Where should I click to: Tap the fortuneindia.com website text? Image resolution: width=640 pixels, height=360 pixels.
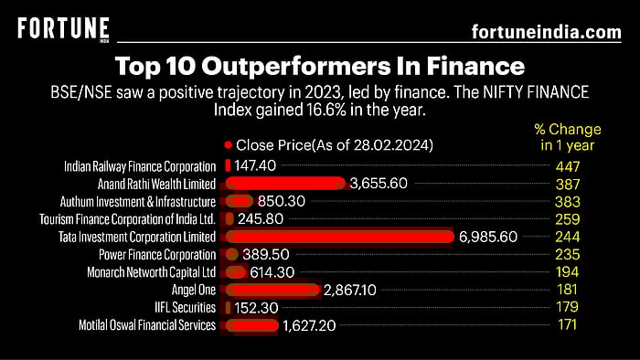[x=546, y=32]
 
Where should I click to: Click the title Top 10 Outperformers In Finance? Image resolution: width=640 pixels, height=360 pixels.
[x=320, y=67]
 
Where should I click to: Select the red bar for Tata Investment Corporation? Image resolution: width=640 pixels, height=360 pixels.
[x=339, y=237]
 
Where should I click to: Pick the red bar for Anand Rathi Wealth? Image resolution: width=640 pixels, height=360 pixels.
[x=284, y=184]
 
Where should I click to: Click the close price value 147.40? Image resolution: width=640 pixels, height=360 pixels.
[x=255, y=166]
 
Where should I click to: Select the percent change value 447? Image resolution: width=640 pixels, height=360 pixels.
[x=567, y=166]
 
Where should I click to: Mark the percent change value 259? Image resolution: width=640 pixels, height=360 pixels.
[x=567, y=219]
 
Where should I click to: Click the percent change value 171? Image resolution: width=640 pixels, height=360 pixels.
[x=567, y=324]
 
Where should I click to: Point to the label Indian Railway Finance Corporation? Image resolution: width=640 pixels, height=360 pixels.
[x=140, y=166]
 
